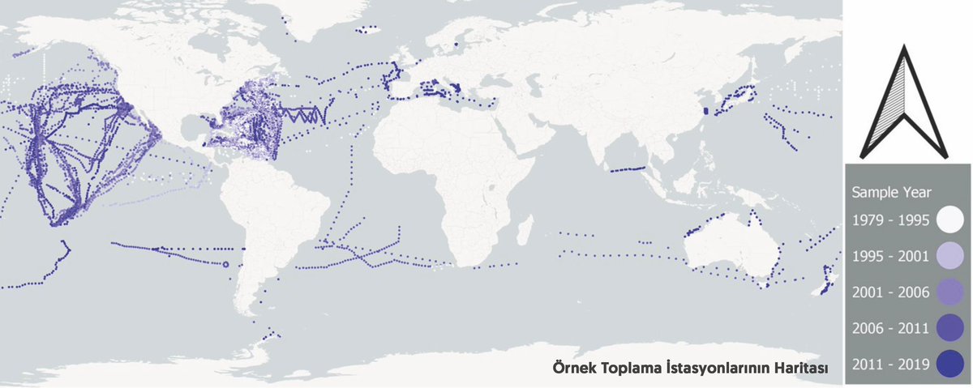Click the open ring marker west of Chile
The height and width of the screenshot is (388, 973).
(x=226, y=264)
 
